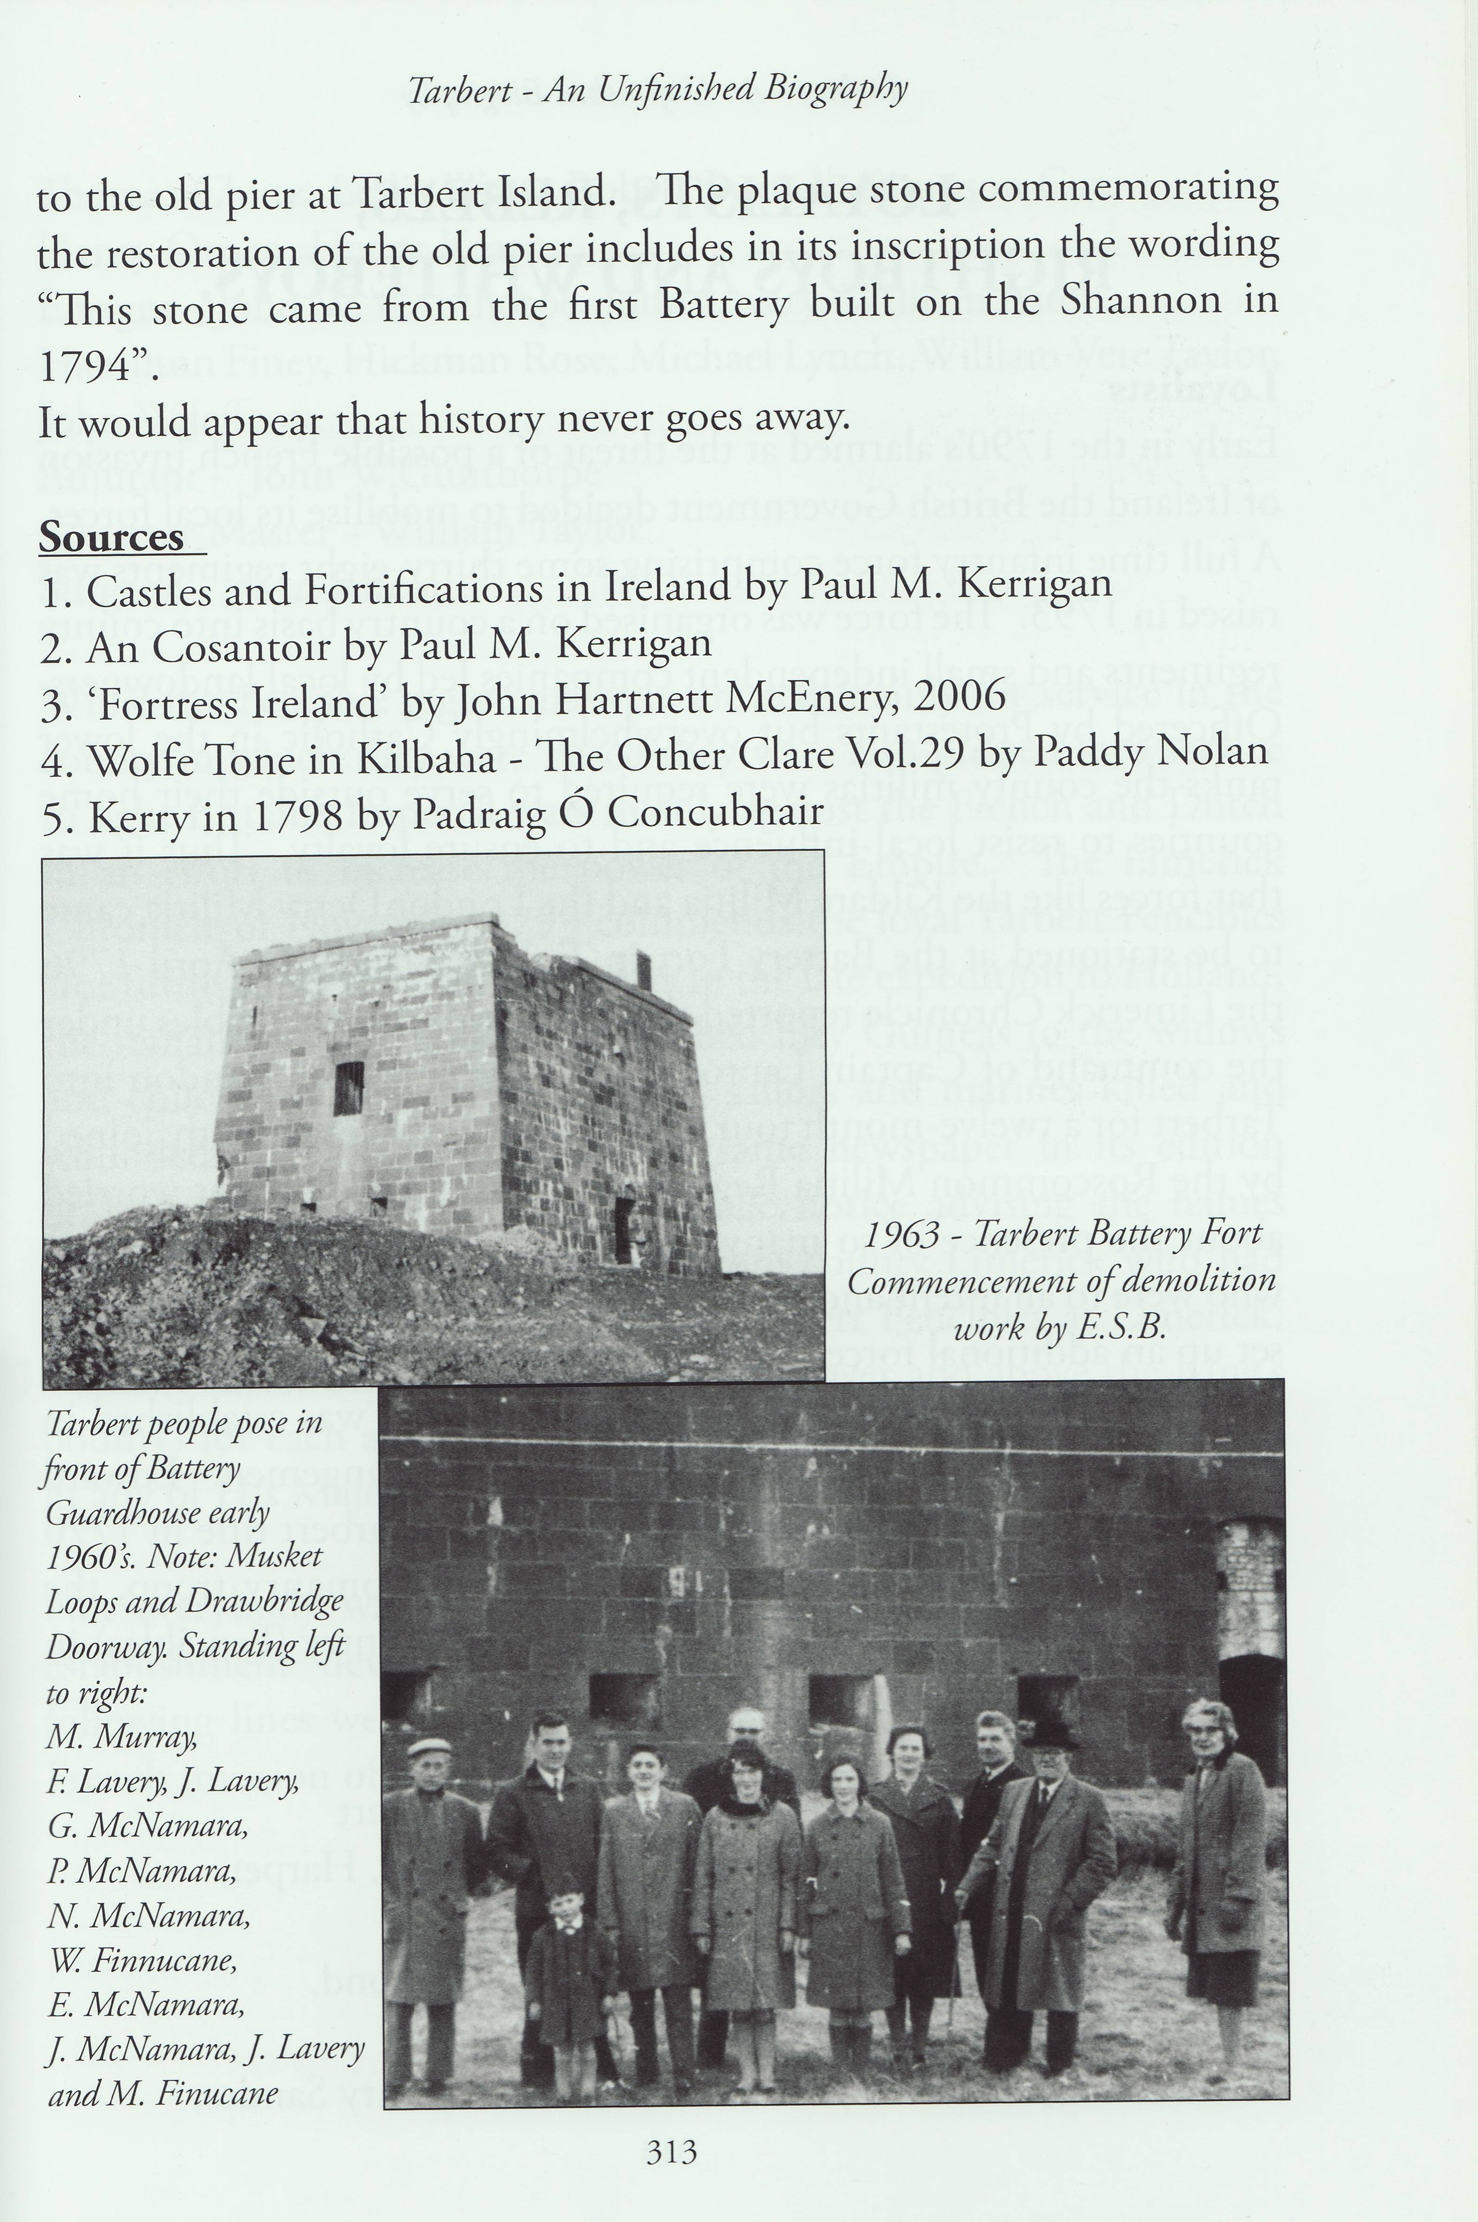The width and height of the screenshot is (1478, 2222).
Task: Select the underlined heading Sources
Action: point(111,538)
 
